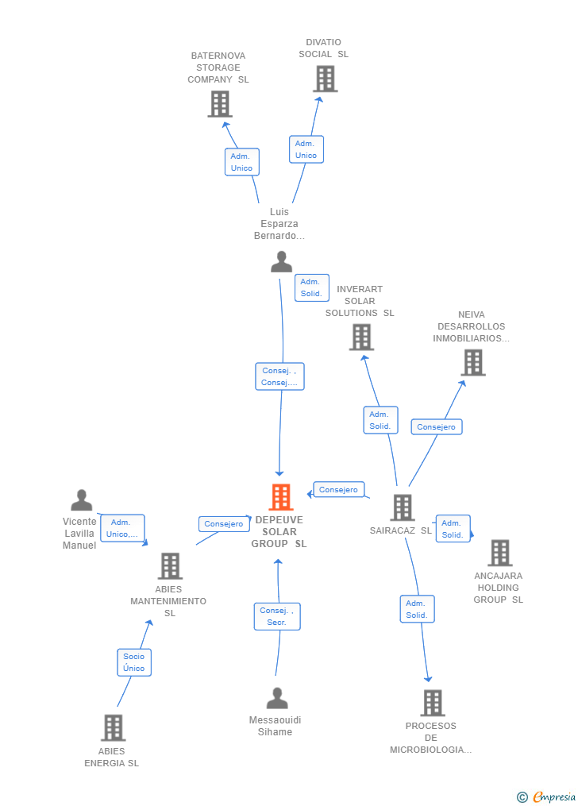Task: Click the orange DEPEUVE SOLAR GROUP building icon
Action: (281, 497)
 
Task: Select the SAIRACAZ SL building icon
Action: (403, 507)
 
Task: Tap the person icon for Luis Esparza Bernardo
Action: (282, 261)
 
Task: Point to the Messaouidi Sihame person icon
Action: (277, 698)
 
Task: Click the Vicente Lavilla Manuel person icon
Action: (81, 499)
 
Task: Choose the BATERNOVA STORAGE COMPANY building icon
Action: (220, 104)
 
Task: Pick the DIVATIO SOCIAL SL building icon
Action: (326, 79)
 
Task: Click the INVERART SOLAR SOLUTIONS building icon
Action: (361, 337)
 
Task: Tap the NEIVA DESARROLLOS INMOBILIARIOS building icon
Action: (473, 362)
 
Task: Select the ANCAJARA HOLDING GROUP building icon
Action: (500, 553)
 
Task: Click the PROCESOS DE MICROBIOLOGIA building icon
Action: (433, 703)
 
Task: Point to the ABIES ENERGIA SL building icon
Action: (113, 727)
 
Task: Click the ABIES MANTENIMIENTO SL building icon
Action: (170, 566)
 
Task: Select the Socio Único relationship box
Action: (134, 662)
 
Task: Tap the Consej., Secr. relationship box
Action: (277, 616)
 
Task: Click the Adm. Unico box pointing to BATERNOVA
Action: (242, 162)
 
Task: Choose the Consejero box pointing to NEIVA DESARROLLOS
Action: (437, 426)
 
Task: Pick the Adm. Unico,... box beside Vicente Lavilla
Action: (122, 528)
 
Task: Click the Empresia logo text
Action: (554, 796)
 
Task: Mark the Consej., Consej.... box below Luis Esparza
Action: (279, 376)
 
